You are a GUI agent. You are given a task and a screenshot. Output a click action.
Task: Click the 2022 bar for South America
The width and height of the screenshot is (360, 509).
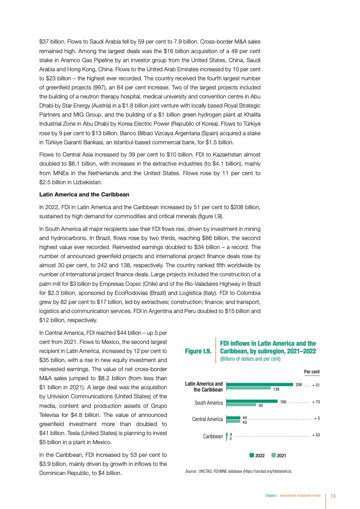252,401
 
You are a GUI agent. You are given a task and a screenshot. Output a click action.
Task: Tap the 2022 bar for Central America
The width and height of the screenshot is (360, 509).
233,418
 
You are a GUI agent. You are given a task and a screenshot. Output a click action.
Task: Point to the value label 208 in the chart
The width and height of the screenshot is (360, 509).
299,385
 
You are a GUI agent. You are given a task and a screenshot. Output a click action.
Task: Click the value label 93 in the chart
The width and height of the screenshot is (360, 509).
261,405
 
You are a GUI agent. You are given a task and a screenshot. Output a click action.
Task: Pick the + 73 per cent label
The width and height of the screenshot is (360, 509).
316,402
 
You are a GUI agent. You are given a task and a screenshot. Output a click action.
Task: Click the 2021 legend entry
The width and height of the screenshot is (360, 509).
279,455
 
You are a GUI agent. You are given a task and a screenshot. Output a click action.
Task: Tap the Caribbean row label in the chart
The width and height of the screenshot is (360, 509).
212,436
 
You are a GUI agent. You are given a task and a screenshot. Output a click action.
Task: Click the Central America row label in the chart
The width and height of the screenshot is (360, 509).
207,419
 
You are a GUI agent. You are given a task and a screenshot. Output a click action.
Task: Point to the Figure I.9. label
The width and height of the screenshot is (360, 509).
198,351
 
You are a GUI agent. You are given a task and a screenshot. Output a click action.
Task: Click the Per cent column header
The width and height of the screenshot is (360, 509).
311,372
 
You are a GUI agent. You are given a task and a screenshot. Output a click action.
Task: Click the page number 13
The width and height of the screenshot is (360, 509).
333,496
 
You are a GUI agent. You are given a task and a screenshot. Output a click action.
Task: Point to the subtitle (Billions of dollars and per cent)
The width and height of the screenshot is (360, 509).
250,359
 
